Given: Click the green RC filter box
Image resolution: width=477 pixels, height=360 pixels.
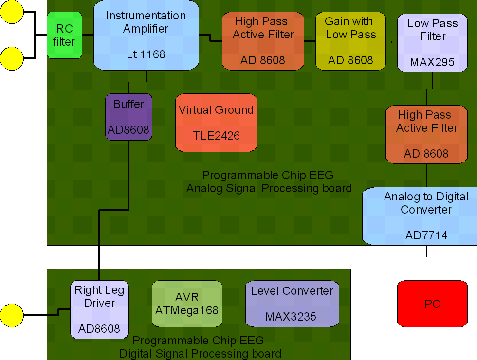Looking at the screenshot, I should pyautogui.click(x=64, y=36).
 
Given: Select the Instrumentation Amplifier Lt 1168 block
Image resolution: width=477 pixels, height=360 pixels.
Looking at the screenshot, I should pyautogui.click(x=146, y=35).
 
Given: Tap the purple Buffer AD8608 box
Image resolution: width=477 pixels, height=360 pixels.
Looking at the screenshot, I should pyautogui.click(x=128, y=117).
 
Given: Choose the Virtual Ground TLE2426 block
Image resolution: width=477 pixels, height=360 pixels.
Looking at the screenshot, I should pyautogui.click(x=216, y=123).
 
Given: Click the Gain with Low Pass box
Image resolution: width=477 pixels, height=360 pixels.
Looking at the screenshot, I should pyautogui.click(x=350, y=40).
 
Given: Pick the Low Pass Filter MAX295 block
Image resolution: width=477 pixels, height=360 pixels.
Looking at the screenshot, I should pyautogui.click(x=432, y=43).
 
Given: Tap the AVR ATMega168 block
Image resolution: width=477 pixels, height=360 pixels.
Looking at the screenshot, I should pyautogui.click(x=187, y=304).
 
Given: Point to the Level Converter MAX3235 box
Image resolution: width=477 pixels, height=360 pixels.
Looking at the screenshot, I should pyautogui.click(x=292, y=304).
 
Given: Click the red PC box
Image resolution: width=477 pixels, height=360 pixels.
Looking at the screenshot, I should pyautogui.click(x=432, y=304).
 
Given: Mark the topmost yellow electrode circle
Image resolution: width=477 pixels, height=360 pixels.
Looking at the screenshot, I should pyautogui.click(x=12, y=12).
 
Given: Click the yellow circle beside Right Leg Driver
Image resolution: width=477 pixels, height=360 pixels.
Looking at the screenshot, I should pyautogui.click(x=12, y=315).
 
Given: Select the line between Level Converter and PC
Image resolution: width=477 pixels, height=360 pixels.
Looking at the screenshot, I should pyautogui.click(x=368, y=304).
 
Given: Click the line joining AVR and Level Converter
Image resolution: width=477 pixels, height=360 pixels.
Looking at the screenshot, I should pyautogui.click(x=234, y=304).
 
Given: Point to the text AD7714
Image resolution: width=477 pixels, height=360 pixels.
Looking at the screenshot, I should pyautogui.click(x=426, y=235).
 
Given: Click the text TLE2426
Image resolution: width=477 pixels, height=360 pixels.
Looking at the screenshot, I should pyautogui.click(x=216, y=136).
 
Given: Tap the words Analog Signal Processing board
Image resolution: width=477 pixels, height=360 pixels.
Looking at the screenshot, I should pyautogui.click(x=269, y=188).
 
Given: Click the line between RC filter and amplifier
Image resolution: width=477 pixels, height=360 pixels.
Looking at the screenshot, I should pyautogui.click(x=88, y=35).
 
